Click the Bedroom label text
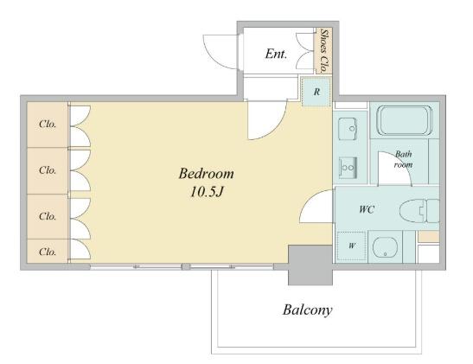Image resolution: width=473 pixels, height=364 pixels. [x=206, y=174]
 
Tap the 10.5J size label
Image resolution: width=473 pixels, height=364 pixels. [x=206, y=192]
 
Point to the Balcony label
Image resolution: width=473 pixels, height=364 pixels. [x=307, y=310]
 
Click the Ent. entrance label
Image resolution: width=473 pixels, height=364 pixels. [x=276, y=54]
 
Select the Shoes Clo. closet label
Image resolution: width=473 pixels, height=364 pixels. [x=324, y=51]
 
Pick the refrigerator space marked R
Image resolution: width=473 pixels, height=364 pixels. [x=316, y=92]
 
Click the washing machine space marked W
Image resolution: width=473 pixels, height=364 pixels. [x=351, y=246]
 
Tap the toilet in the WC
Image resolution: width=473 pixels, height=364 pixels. [x=419, y=210]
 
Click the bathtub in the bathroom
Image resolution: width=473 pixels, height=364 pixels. [x=405, y=120]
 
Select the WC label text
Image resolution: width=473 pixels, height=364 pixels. [x=367, y=209]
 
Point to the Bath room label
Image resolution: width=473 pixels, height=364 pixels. [x=403, y=159]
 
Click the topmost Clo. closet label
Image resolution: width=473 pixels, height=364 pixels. [x=48, y=124]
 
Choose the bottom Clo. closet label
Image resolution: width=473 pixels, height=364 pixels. [x=48, y=252]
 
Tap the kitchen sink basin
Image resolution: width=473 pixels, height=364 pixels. [x=348, y=129]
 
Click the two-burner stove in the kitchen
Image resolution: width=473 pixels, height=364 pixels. [x=348, y=168]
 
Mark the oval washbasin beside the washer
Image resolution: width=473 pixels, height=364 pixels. [x=385, y=246]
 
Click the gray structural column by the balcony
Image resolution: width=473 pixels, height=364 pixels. [x=310, y=265]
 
